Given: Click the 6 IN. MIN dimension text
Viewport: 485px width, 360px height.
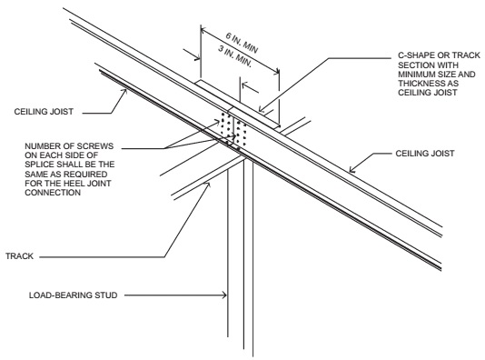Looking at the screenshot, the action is tap(242, 43).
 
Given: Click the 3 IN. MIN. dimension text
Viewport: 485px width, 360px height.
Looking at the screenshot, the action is tap(235, 56).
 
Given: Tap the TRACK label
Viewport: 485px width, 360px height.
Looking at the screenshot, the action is tap(19, 256).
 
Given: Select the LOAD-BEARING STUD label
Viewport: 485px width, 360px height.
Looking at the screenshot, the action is tap(74, 295).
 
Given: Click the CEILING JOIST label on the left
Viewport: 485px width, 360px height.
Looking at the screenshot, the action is tap(44, 112).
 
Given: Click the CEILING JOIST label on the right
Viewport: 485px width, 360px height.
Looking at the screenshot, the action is tap(425, 154).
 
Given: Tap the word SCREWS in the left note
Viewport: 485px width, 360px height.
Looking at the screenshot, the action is tap(95, 146).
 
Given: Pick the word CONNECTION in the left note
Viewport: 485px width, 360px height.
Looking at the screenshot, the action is tap(53, 193).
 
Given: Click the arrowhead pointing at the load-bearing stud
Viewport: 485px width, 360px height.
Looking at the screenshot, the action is tap(224, 295).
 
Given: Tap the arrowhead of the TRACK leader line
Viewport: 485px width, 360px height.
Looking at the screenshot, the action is tap(208, 185).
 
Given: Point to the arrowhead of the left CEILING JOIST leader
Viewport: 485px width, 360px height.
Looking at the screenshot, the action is tap(125, 92).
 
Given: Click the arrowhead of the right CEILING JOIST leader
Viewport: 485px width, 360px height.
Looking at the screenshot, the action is tap(351, 170).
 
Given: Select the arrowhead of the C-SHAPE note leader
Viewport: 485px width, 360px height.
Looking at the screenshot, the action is tap(262, 109).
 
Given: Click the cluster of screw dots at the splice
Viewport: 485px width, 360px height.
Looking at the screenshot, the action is tap(233, 130).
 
